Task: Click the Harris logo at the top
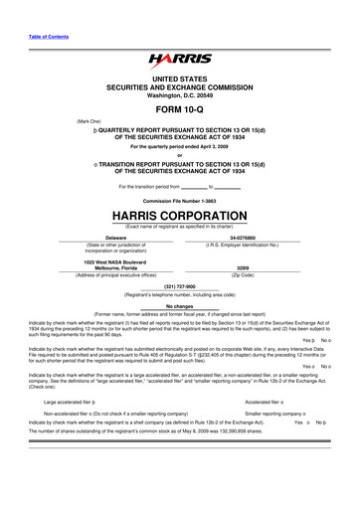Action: (x=180, y=62)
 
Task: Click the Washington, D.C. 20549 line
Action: (x=180, y=95)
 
